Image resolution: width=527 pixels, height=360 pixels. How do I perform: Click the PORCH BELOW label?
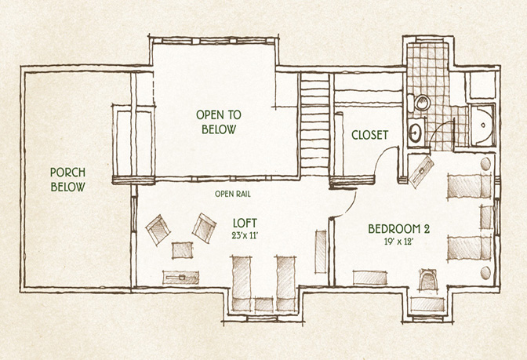click(x=67, y=180)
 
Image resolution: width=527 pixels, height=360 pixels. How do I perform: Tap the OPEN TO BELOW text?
click(x=219, y=122)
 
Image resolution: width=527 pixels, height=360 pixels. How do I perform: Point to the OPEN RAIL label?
click(x=233, y=194)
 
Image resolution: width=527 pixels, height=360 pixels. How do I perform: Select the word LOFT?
click(x=245, y=223)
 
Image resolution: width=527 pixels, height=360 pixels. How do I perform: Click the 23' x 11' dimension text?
click(x=245, y=235)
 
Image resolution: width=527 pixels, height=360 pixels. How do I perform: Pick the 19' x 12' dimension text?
click(x=398, y=242)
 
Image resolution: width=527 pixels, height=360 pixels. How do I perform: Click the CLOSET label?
click(x=369, y=135)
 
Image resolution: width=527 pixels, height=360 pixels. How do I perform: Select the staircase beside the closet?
click(x=314, y=124)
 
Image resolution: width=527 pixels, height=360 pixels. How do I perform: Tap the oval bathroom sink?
click(x=416, y=133)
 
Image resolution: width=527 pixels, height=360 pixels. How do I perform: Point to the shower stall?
click(x=482, y=125)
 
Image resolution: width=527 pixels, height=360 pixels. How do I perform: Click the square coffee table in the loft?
click(x=182, y=250)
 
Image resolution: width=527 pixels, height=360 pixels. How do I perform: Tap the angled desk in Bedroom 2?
click(x=421, y=172)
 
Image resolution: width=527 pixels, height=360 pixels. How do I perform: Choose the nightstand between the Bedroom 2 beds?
click(x=486, y=217)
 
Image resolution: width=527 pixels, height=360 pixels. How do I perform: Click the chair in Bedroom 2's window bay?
click(x=428, y=279)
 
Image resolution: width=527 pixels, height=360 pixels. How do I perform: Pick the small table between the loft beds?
click(x=263, y=304)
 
